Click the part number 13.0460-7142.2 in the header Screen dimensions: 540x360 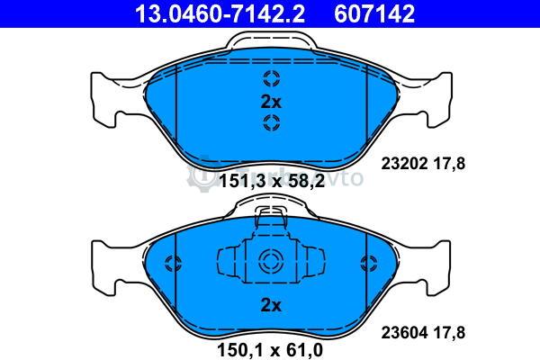pos(220,13)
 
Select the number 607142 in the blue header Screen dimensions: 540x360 pos(374,13)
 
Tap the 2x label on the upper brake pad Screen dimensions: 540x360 pos(271,102)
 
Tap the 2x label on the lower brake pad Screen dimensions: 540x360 pos(271,305)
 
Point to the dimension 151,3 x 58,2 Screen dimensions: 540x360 pos(272,181)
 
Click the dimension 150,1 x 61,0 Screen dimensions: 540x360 pos(270,350)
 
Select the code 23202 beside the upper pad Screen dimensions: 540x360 pos(404,163)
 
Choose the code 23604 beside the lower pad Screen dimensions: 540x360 pos(404,332)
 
